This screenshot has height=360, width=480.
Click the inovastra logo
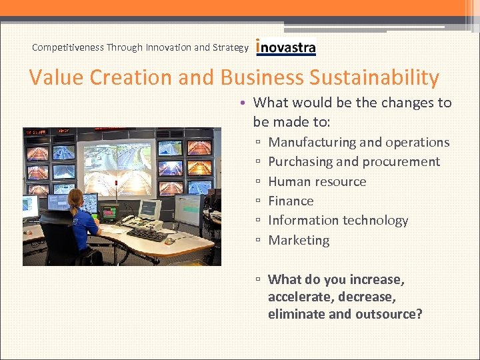tap(286, 47)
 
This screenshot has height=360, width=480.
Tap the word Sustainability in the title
tap(374, 77)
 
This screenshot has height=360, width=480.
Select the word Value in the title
tap(57, 77)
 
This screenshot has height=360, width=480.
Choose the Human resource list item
tap(317, 181)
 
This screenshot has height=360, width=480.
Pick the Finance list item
tap(291, 201)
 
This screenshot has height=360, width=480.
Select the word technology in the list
tap(374, 220)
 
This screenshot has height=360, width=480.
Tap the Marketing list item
tap(299, 240)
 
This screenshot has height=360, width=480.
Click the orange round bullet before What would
tap(245, 103)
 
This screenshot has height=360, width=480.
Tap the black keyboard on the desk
tap(147, 235)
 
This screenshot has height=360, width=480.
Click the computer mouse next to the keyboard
tap(170, 241)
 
